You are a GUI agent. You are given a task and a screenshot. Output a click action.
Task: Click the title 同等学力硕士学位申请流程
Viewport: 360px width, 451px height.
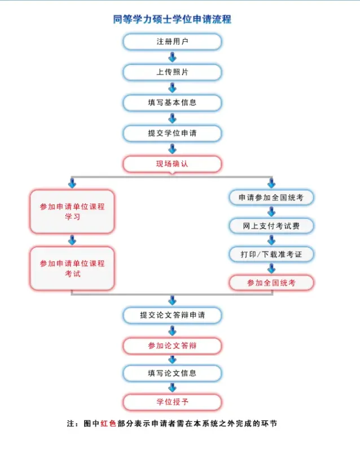pos(172,20)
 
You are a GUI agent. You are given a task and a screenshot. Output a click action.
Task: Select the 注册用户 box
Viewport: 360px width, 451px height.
pos(172,42)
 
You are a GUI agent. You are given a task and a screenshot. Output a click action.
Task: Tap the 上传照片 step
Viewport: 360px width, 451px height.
pos(172,72)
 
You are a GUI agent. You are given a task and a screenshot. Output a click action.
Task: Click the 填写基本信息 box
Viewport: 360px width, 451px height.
pos(172,103)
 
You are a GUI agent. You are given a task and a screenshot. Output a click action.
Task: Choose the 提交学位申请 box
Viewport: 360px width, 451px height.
pos(172,133)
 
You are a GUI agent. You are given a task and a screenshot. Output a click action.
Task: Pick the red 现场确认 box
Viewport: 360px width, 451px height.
pos(172,164)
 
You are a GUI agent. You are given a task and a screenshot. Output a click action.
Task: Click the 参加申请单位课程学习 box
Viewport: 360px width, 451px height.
pos(72,212)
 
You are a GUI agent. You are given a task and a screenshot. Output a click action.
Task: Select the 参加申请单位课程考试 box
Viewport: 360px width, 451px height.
pos(72,268)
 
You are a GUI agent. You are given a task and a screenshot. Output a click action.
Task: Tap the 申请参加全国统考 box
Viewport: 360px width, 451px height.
pos(271,198)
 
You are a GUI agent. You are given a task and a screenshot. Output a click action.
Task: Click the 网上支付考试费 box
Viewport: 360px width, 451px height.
pos(271,226)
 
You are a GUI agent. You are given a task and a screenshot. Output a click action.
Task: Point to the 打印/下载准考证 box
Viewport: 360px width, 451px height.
pos(271,254)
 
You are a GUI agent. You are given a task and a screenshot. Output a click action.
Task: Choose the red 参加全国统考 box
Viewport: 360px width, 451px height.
pos(271,283)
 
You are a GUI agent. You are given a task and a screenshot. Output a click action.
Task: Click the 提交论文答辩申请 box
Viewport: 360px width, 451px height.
pos(172,315)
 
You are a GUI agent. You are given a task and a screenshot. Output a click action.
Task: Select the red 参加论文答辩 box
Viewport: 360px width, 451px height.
pos(172,345)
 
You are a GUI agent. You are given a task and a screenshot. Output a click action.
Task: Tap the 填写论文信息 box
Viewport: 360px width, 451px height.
pos(172,373)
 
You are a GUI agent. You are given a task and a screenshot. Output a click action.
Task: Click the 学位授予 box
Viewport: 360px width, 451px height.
pos(172,402)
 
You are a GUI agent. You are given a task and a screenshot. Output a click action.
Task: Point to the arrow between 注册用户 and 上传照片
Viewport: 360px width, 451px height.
pos(172,57)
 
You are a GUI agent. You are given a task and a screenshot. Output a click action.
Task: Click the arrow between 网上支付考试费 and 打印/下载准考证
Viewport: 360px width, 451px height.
pos(271,240)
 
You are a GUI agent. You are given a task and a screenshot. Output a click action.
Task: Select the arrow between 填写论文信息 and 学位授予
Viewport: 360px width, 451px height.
pos(172,388)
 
